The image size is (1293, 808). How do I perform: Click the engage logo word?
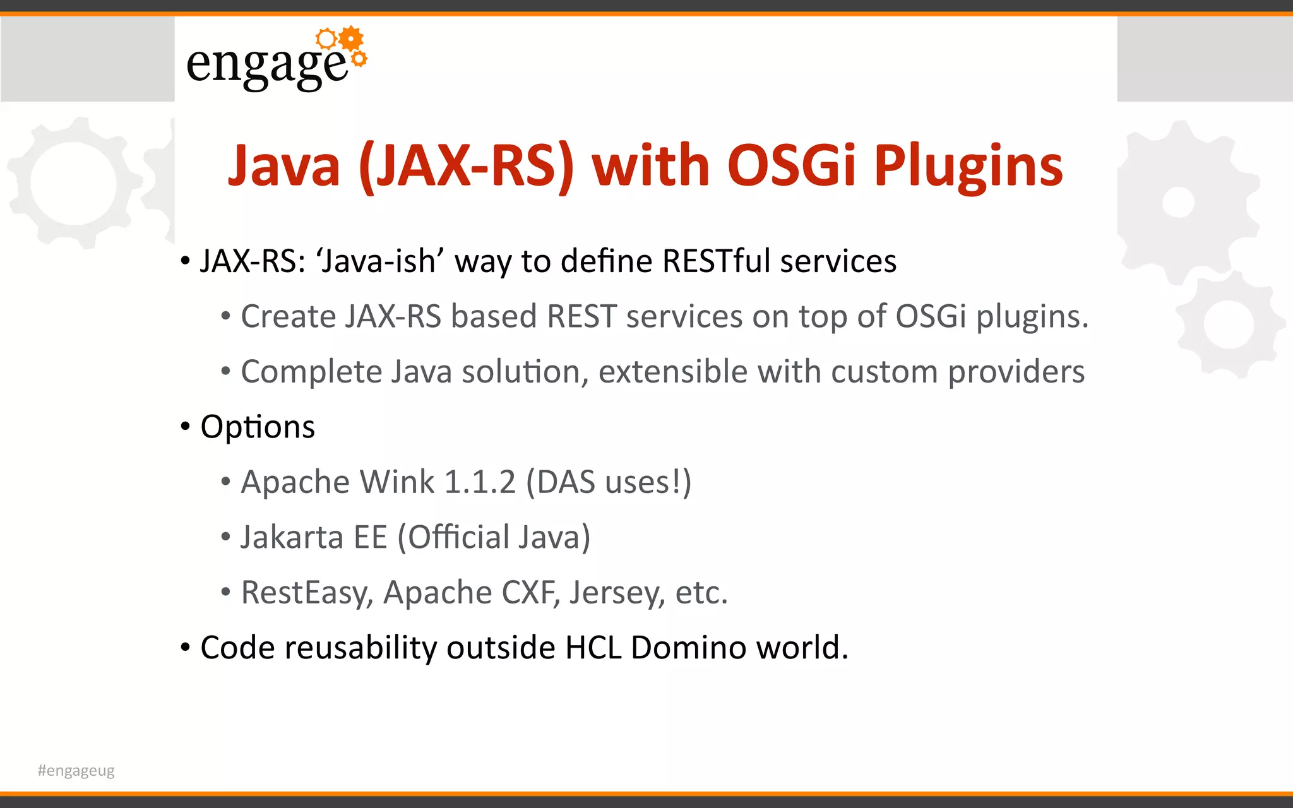pos(267,64)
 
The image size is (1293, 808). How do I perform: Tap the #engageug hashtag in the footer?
pos(76,770)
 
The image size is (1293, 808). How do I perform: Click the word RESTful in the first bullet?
pos(717,261)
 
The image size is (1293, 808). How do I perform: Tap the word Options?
pos(258,427)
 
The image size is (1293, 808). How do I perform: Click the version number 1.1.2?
pos(480,482)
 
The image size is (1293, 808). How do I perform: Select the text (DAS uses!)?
pos(609,482)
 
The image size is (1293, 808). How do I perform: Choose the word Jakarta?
pos(292,537)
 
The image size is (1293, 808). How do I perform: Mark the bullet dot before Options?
pos(185,427)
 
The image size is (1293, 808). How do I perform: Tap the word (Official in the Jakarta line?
pos(453,537)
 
